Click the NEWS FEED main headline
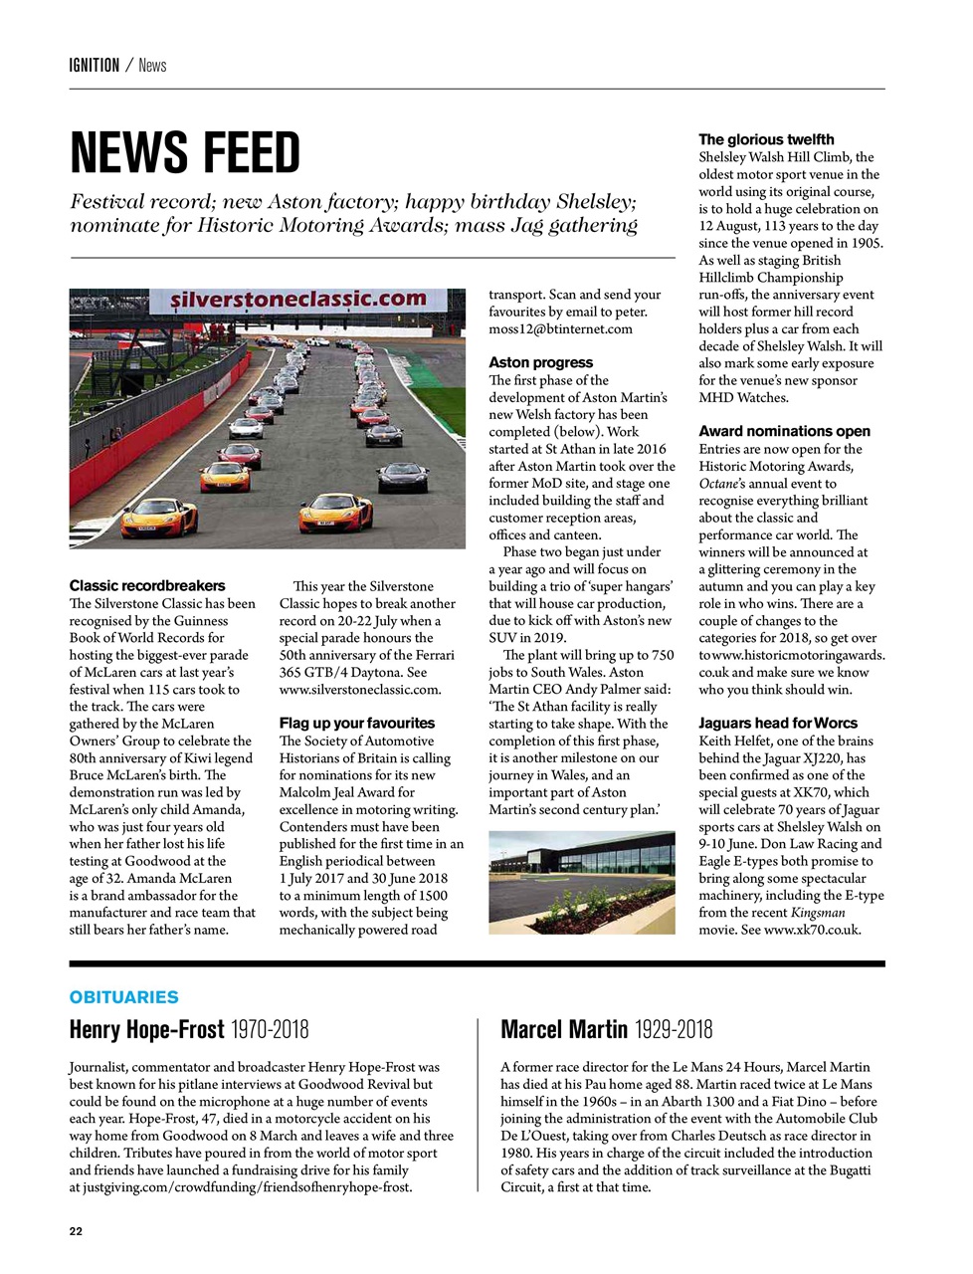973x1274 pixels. [x=185, y=153]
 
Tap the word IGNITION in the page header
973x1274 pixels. [x=95, y=66]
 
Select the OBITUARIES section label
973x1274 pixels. [x=124, y=997]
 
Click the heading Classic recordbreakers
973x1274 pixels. [x=147, y=585]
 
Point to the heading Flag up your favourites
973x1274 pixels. [x=357, y=723]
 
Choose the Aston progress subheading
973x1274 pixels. [x=540, y=362]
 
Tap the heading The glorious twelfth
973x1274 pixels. [x=766, y=139]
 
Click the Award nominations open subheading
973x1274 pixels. [x=784, y=431]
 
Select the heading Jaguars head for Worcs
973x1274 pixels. [x=777, y=723]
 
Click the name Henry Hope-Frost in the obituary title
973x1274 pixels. [x=146, y=1029]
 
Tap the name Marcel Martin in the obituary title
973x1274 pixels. [x=564, y=1029]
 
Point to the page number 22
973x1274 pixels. [x=76, y=1231]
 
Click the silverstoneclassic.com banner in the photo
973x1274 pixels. [x=297, y=299]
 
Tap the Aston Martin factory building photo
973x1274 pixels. [x=581, y=884]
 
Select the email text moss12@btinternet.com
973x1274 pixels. [x=560, y=328]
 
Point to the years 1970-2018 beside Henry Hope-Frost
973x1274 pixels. [x=270, y=1029]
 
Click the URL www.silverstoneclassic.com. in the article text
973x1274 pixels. [x=359, y=689]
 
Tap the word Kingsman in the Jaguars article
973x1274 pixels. [x=818, y=913]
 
